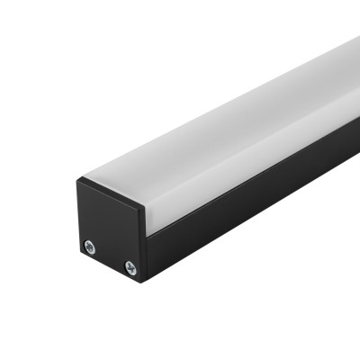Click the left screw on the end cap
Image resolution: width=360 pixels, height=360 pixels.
pos(91,245)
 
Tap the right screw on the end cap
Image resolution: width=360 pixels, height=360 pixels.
pos(130,266)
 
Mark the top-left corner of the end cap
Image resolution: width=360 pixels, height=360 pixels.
pos(77,179)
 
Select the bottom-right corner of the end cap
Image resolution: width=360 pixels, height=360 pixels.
pos(142,281)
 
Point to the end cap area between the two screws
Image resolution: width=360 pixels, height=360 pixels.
pos(111,256)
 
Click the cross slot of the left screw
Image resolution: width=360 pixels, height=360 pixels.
pos(91,245)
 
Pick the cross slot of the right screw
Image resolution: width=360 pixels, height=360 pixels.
pos(130,266)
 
